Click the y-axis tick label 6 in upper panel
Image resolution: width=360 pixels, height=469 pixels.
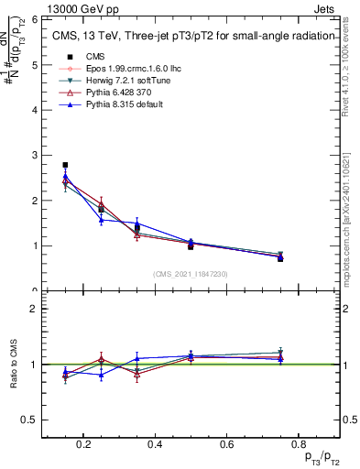point(34,20)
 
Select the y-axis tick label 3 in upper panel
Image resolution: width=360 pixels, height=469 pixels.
point(34,155)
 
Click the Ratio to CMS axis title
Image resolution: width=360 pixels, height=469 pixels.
point(15,365)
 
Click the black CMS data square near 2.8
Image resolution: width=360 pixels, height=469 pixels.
point(65,165)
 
